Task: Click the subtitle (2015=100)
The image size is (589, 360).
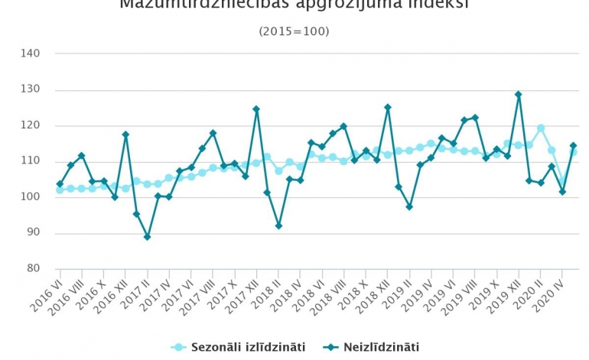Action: point(294,31)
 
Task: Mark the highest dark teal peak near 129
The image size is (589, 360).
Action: point(518,94)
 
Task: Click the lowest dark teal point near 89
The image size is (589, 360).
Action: point(147,237)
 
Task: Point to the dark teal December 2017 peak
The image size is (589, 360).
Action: point(256,109)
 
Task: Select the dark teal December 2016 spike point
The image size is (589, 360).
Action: point(125,135)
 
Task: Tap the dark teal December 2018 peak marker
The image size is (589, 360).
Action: point(388,107)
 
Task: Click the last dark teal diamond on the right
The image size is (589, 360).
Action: point(573,145)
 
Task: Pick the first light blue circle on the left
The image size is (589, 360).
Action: point(60,190)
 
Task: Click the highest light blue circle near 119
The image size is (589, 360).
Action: point(540,128)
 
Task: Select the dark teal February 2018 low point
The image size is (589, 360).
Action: point(278,225)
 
